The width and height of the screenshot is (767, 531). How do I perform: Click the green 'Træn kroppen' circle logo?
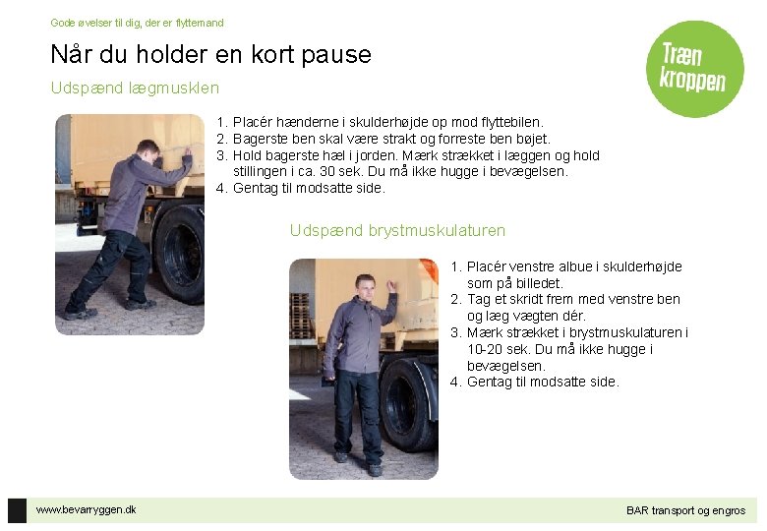click(x=694, y=69)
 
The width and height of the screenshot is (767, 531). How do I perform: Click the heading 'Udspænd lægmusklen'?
click(x=135, y=88)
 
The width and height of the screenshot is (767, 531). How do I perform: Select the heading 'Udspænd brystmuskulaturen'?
click(x=397, y=230)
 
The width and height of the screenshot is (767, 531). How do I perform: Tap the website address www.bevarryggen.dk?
click(x=87, y=509)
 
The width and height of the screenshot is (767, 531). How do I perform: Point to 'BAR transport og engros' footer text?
click(x=685, y=510)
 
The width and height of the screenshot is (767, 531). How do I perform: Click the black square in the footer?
click(x=17, y=510)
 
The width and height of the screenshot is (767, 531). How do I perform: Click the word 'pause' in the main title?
click(x=336, y=55)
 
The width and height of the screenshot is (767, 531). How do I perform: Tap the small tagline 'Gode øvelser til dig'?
click(x=91, y=23)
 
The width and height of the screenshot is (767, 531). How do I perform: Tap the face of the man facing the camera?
click(x=365, y=289)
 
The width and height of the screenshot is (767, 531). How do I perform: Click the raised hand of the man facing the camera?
click(x=391, y=286)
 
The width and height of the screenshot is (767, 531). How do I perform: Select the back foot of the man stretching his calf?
click(x=79, y=311)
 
